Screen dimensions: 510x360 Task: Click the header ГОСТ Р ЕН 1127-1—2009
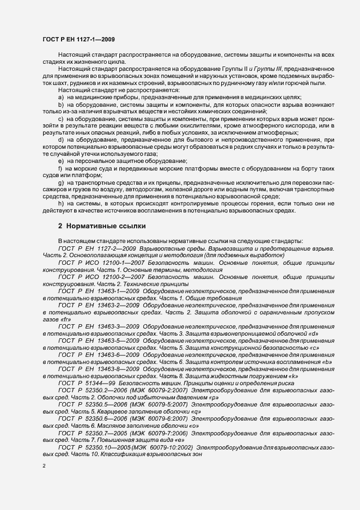click(x=78, y=40)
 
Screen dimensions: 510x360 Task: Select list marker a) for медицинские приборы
click(x=61, y=96)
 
